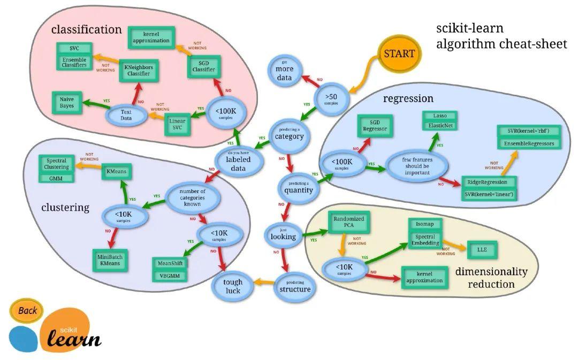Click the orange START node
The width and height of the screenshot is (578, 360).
pos(399,53)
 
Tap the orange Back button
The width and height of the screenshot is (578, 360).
pos(27,310)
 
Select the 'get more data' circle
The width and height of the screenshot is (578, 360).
pos(284,73)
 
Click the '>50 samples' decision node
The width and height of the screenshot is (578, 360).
pos(330,98)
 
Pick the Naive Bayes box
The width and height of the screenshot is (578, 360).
pos(67,102)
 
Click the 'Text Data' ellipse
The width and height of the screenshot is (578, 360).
pos(126,115)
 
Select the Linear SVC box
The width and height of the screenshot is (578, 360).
pos(177,124)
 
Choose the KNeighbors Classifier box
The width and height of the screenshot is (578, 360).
pos(138,71)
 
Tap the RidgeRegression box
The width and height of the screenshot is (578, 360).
pos(490,182)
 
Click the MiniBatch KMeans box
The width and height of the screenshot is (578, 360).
pos(111,261)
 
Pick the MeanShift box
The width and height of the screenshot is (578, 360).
pos(170,264)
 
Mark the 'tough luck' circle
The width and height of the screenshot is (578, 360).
pos(233,286)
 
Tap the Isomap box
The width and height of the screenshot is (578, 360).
pos(425,224)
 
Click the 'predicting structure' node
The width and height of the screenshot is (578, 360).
pos(294,286)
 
